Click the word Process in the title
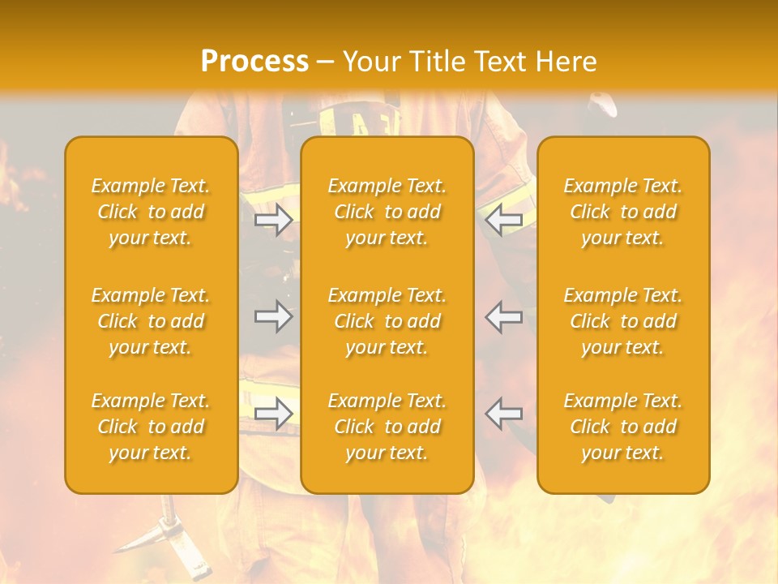254,62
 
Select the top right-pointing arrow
274,220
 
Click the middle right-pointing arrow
274,316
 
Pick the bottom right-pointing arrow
274,414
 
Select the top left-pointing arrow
504,219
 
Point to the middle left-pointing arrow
504,316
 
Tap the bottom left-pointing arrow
504,414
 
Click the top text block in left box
151,212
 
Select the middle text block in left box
151,321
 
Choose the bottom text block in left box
151,427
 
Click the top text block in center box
387,212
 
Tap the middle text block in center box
387,321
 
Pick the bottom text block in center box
387,427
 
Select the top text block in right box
623,212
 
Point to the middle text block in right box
623,321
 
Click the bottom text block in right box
623,427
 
